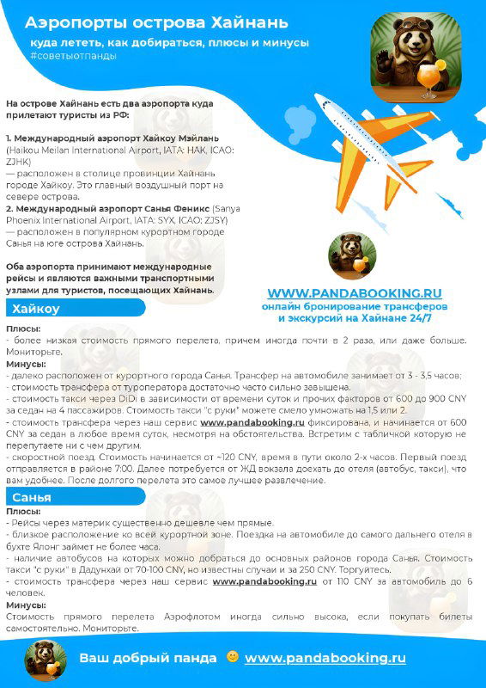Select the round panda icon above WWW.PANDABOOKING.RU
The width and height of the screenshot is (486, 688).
(352, 255)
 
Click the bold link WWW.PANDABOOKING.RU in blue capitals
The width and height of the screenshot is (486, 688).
(355, 292)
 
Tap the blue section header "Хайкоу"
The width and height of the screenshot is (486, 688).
(36, 309)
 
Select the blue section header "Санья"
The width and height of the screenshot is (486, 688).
(33, 497)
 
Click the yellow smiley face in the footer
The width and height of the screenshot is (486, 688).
(231, 658)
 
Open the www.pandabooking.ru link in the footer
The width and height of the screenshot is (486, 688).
(325, 658)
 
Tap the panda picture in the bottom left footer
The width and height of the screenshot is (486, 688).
(39, 659)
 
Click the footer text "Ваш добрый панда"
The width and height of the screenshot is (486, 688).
(148, 658)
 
